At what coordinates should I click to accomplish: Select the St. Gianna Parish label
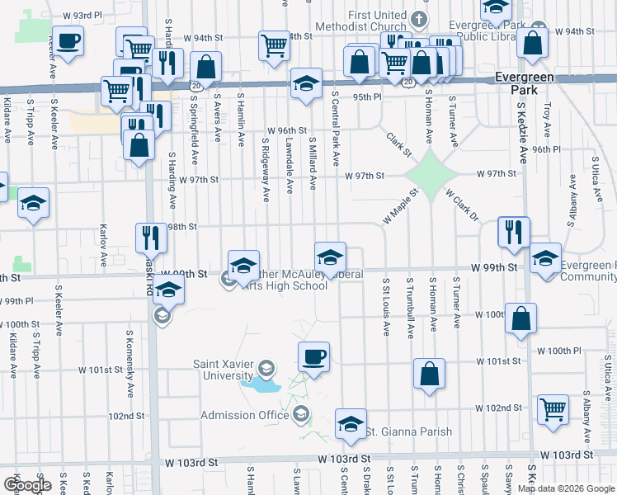coord(409,431)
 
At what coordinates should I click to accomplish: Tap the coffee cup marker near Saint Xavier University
coord(313,358)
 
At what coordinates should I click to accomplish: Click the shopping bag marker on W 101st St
coord(429,375)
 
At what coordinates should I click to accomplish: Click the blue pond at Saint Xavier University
coord(259,383)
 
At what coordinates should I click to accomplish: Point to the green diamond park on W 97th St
coord(429,174)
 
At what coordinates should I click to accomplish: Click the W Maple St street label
coord(401,207)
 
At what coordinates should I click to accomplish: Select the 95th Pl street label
coord(367,97)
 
